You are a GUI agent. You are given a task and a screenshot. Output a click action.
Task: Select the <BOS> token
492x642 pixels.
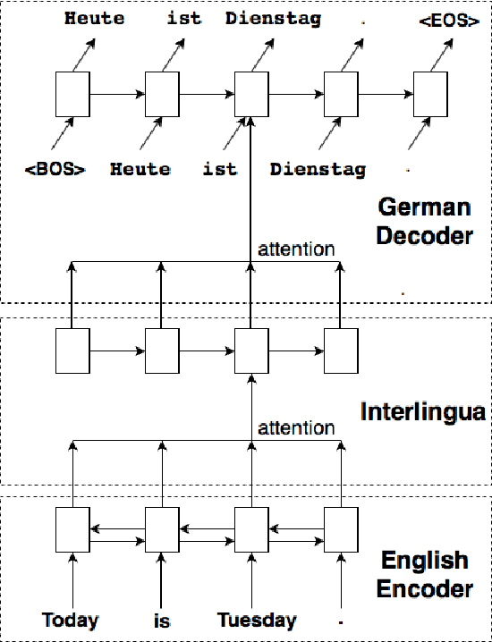tap(55, 168)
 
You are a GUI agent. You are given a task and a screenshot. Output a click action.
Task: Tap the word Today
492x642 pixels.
tap(70, 620)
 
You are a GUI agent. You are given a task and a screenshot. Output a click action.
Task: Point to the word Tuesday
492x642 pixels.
tap(257, 620)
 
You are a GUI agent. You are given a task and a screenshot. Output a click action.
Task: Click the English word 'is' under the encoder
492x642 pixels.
tap(161, 621)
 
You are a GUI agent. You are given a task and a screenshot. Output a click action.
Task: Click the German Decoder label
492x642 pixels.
tap(424, 222)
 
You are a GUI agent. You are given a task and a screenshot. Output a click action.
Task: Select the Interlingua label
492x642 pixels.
tap(422, 411)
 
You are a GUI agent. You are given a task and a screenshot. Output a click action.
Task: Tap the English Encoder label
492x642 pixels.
tap(424, 575)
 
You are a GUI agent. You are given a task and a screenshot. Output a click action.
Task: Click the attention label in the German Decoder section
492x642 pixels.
tap(296, 249)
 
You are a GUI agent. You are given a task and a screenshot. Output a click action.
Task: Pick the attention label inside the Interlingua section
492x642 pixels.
tap(296, 428)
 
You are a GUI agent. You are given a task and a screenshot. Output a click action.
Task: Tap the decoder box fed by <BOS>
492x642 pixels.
tap(72, 94)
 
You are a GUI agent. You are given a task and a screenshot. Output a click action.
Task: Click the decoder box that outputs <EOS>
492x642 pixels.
tap(430, 94)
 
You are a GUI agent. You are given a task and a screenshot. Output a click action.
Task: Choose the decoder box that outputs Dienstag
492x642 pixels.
tap(251, 94)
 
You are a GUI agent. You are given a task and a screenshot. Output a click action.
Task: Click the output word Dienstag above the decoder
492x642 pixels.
tap(273, 19)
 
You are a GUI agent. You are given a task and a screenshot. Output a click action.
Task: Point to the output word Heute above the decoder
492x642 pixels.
tap(94, 19)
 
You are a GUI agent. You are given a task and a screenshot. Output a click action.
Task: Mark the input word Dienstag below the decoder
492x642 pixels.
tap(318, 169)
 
